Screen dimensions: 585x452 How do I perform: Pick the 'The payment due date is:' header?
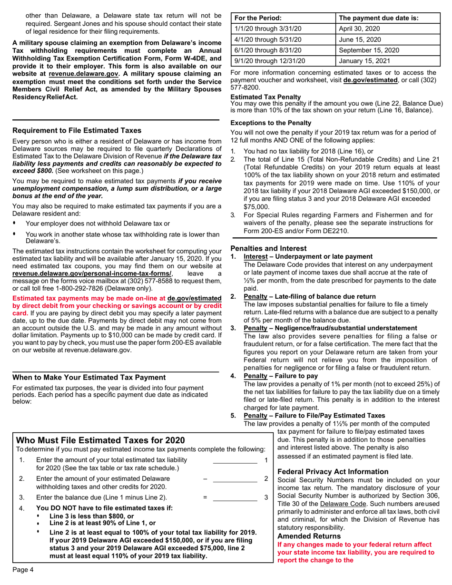[379, 18]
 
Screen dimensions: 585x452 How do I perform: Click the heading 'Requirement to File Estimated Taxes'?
[77, 130]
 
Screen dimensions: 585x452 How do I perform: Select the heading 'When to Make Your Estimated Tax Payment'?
[89, 377]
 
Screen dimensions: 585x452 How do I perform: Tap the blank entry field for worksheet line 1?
[235, 460]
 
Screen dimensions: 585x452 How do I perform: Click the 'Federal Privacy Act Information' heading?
[333, 471]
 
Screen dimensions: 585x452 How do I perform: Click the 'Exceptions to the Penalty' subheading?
[271, 122]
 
